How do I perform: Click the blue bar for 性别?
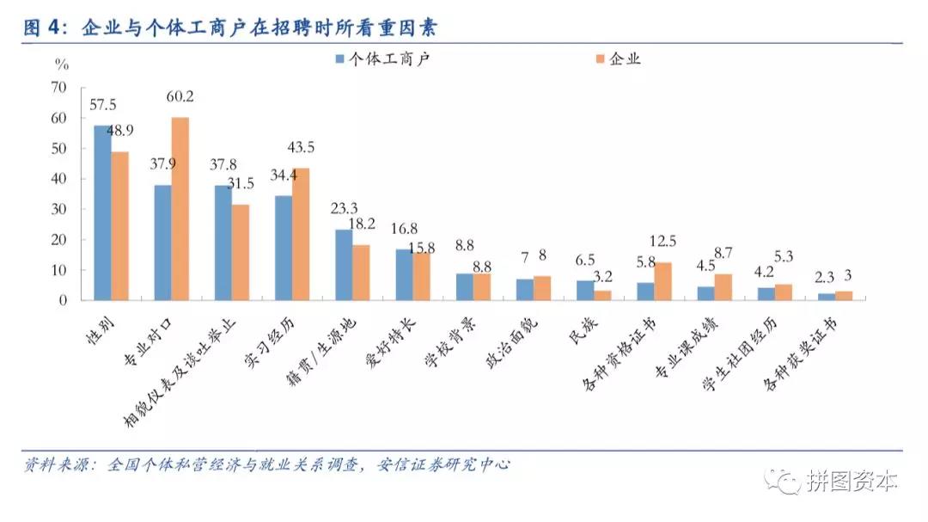[x=102, y=212]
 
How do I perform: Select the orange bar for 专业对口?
[x=180, y=208]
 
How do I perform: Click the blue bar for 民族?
[x=584, y=290]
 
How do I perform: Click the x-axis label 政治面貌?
[x=510, y=339]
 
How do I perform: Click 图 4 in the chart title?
[x=43, y=28]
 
